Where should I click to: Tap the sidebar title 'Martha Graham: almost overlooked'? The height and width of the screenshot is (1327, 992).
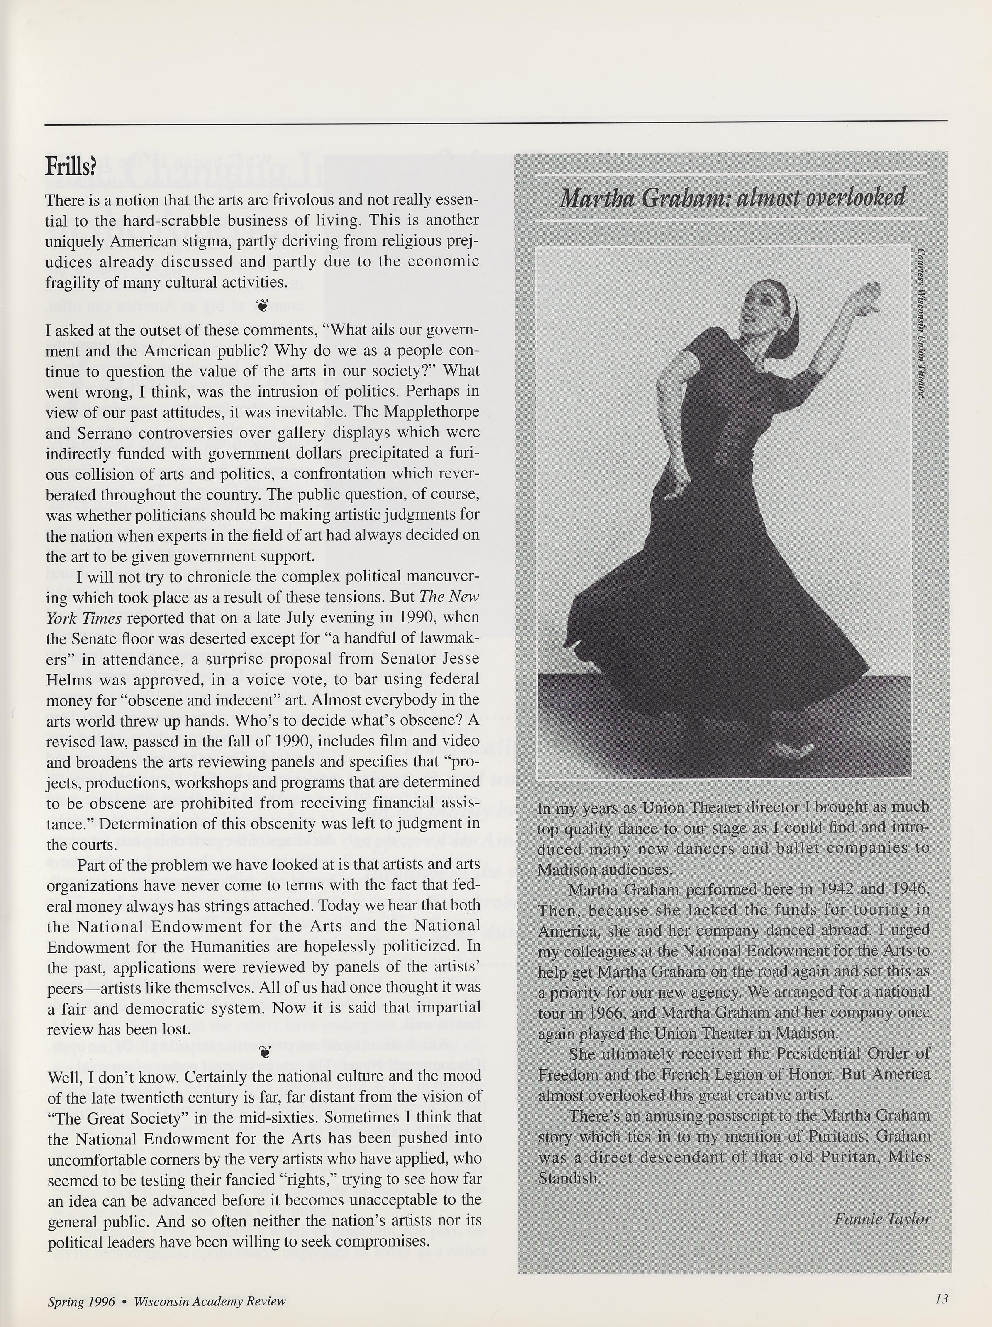(732, 198)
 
